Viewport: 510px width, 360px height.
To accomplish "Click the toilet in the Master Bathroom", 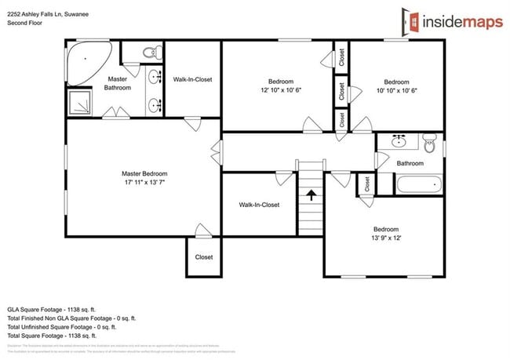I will click(x=148, y=52).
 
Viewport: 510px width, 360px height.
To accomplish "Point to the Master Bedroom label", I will click(x=144, y=173).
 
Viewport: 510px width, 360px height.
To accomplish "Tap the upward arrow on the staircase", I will click(x=310, y=194).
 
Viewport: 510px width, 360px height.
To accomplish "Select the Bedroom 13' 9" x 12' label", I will click(x=385, y=234).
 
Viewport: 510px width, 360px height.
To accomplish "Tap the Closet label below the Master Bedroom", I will click(x=204, y=256).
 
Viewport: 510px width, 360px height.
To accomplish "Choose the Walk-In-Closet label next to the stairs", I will click(x=259, y=205).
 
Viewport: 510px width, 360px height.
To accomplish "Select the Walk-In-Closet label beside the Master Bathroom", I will click(x=192, y=79).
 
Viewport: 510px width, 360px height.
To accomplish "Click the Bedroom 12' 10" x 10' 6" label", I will click(x=281, y=85).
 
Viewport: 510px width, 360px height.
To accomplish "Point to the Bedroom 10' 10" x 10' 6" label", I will click(x=395, y=85).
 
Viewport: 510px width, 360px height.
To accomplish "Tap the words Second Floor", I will click(x=24, y=24).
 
